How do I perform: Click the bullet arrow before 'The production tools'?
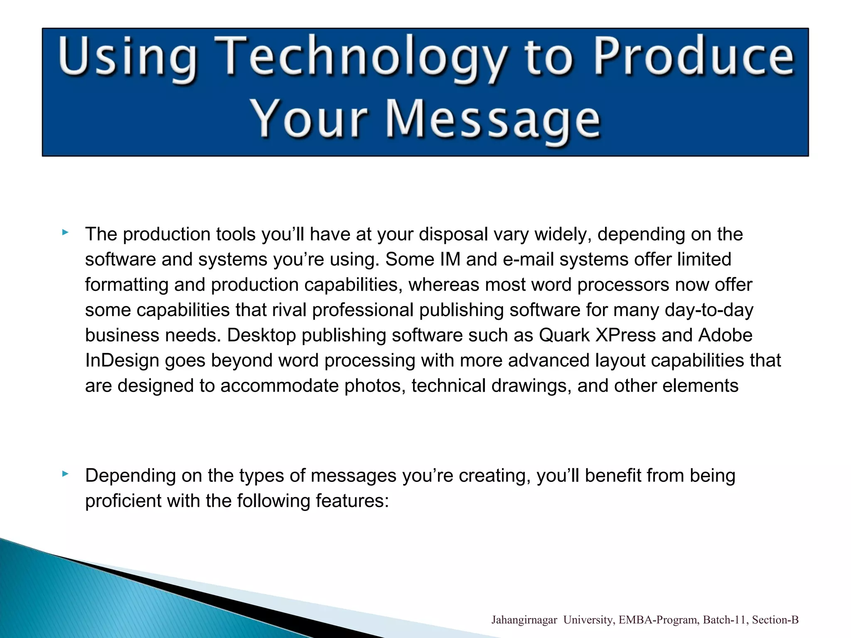click(65, 233)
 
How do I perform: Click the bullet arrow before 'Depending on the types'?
click(65, 474)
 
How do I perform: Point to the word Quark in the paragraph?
click(564, 335)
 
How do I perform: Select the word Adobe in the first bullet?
click(725, 335)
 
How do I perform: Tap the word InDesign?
click(122, 361)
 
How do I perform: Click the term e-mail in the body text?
click(528, 260)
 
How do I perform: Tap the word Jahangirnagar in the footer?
click(524, 620)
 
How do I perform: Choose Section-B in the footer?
click(775, 620)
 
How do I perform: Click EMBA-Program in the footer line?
click(659, 620)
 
